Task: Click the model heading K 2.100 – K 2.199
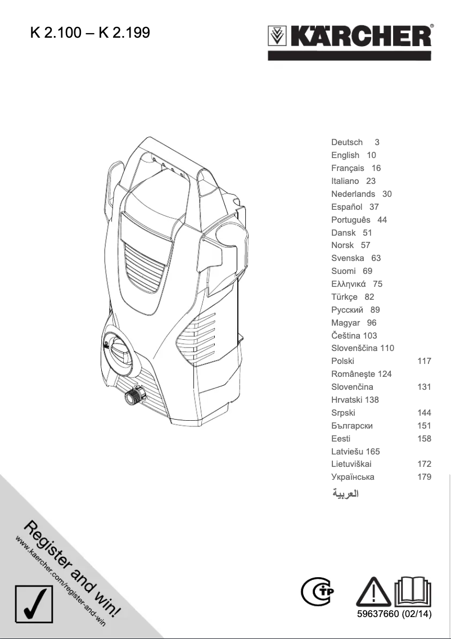pos(90,33)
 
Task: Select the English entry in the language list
pos(345,155)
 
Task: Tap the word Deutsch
pos(347,142)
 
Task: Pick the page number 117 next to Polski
pos(424,361)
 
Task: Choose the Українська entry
pos(353,477)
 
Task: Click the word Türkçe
pos(344,297)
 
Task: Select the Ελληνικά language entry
pos(349,284)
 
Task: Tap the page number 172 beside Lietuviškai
pos(424,464)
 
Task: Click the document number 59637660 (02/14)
pos(394,614)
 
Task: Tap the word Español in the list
pos(347,207)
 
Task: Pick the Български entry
pos(352,426)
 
